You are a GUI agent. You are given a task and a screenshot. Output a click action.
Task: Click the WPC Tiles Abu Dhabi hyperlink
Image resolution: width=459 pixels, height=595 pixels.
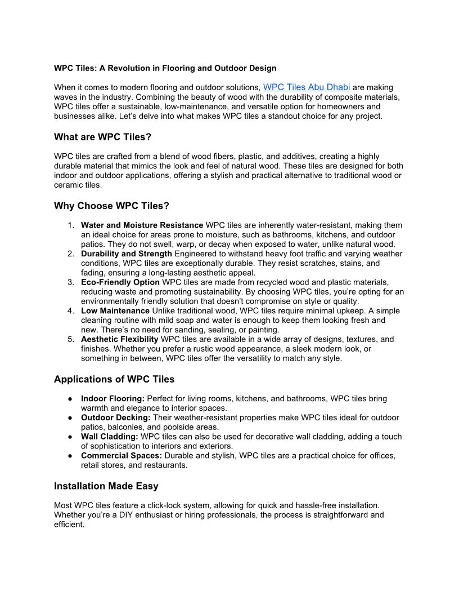click(x=307, y=87)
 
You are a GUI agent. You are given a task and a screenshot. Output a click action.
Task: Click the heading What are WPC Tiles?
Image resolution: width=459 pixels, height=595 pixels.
click(x=102, y=137)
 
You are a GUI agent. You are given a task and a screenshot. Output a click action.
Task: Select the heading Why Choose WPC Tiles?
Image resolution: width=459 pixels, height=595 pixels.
click(x=111, y=206)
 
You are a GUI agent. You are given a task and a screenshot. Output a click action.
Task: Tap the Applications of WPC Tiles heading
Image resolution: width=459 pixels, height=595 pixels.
click(x=114, y=379)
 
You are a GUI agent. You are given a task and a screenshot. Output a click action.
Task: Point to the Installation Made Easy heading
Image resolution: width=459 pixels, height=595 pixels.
click(x=106, y=486)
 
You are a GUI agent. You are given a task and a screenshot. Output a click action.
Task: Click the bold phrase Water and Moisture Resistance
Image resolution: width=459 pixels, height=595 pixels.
click(x=142, y=225)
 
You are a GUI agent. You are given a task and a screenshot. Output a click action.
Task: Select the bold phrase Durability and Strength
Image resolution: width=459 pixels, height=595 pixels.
click(x=127, y=254)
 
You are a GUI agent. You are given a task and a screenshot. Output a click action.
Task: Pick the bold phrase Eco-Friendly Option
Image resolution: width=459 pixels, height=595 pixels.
click(x=120, y=282)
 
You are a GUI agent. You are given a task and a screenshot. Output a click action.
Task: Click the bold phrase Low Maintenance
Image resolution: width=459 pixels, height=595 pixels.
click(x=115, y=310)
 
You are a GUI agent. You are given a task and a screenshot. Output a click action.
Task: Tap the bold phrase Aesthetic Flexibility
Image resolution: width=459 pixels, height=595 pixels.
click(x=120, y=339)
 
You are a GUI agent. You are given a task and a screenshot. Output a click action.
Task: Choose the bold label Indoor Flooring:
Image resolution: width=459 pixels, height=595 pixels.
click(x=112, y=398)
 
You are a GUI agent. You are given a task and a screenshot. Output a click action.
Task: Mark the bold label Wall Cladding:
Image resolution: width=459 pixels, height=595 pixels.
click(x=110, y=437)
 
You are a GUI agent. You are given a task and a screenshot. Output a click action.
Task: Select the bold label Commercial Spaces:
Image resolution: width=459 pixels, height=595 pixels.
click(x=121, y=455)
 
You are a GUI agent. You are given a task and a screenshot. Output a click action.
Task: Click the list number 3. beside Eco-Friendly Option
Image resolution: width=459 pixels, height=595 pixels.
click(x=71, y=282)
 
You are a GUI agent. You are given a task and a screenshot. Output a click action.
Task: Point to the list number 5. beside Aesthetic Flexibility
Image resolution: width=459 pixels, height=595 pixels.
click(x=71, y=339)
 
